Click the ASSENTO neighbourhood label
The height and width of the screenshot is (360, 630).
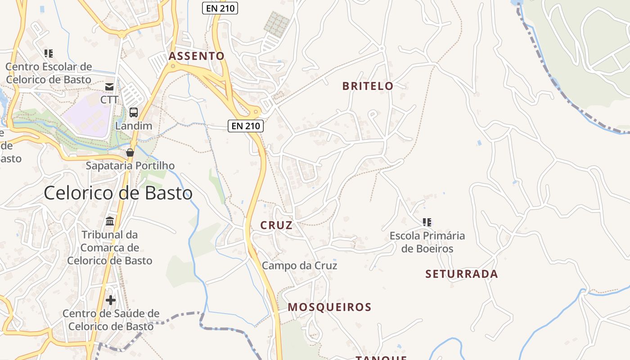pyautogui.click(x=196, y=56)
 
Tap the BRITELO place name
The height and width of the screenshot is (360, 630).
pyautogui.click(x=368, y=86)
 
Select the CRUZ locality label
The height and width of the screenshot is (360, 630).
pyautogui.click(x=276, y=225)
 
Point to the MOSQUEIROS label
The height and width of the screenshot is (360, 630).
pyautogui.click(x=329, y=307)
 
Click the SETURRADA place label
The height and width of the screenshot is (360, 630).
pyautogui.click(x=462, y=274)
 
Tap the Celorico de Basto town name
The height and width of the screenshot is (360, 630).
pyautogui.click(x=118, y=193)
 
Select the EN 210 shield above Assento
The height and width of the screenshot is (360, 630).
pyautogui.click(x=220, y=8)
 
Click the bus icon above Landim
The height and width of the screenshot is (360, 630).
pyautogui.click(x=134, y=112)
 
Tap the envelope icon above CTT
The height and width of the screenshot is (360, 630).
pyautogui.click(x=109, y=86)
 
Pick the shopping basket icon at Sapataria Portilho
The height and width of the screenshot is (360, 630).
pyautogui.click(x=130, y=153)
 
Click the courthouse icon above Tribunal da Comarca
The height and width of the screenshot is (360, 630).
pyautogui.click(x=110, y=221)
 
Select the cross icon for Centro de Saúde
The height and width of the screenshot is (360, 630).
pyautogui.click(x=111, y=300)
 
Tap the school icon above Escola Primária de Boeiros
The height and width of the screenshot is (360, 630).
pyautogui.click(x=427, y=222)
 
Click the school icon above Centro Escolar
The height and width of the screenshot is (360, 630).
pyautogui.click(x=49, y=54)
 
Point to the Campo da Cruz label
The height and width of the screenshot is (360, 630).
pyautogui.click(x=299, y=265)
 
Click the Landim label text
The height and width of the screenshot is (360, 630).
pyautogui.click(x=134, y=126)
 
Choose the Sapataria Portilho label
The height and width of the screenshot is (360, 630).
pyautogui.click(x=130, y=166)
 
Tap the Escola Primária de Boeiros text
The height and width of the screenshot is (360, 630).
pyautogui.click(x=427, y=242)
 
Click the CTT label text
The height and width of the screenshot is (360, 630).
pyautogui.click(x=109, y=99)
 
